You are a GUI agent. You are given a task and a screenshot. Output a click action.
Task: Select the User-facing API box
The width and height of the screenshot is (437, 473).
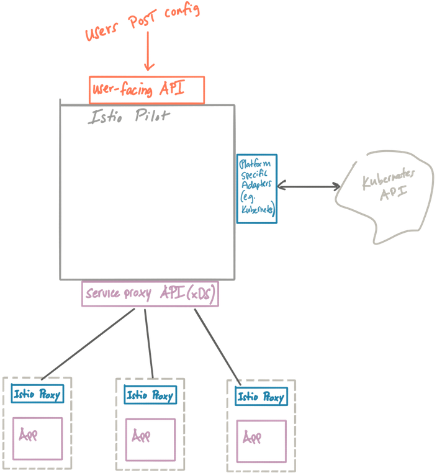[x=146, y=90]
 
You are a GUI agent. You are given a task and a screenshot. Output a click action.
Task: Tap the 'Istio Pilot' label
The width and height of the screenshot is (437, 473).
[x=130, y=116]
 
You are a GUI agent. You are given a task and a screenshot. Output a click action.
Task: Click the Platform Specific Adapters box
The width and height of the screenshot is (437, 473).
[x=256, y=189]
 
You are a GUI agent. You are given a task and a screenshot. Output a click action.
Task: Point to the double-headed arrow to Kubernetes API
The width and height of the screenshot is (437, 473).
[x=309, y=186]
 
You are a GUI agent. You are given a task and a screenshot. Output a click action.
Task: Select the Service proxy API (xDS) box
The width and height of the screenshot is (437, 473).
[x=150, y=294]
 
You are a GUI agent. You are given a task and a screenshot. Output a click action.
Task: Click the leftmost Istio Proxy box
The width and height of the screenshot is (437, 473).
[x=38, y=394]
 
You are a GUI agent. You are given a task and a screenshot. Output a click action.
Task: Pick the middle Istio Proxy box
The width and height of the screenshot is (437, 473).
[x=150, y=395]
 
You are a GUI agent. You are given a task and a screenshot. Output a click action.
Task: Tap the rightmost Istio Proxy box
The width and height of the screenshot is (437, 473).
[x=261, y=397]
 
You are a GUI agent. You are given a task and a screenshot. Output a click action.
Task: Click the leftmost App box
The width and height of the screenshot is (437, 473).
[x=38, y=438]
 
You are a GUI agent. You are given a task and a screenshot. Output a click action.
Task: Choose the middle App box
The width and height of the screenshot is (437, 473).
[x=150, y=439]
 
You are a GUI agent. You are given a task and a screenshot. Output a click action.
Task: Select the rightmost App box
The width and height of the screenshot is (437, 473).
[x=261, y=441]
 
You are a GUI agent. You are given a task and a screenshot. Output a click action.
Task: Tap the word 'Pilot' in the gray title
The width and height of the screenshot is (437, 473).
[x=152, y=116]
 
